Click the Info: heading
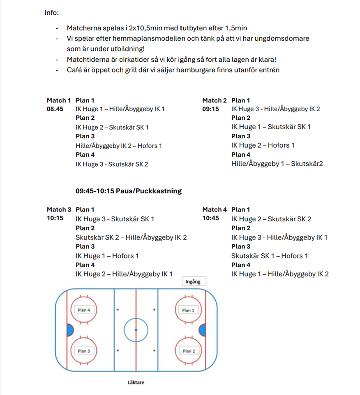point(52,13)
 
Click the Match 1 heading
point(59,100)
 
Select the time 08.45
point(55,109)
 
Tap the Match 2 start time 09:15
point(211,109)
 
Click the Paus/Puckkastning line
point(129,191)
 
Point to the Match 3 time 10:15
point(55,218)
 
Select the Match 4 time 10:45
point(211,218)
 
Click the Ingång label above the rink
point(193,282)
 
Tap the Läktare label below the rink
point(136,382)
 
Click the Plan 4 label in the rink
point(83,310)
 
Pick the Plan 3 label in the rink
point(83,351)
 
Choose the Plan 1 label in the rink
point(188,310)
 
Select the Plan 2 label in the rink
point(188,351)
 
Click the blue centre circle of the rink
point(136,330)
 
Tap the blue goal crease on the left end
point(70,330)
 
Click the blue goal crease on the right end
point(202,330)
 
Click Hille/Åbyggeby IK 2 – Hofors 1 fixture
point(119,146)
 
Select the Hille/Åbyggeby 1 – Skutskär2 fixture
point(277,164)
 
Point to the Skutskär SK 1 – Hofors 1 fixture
point(270,256)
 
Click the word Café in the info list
point(74,70)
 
